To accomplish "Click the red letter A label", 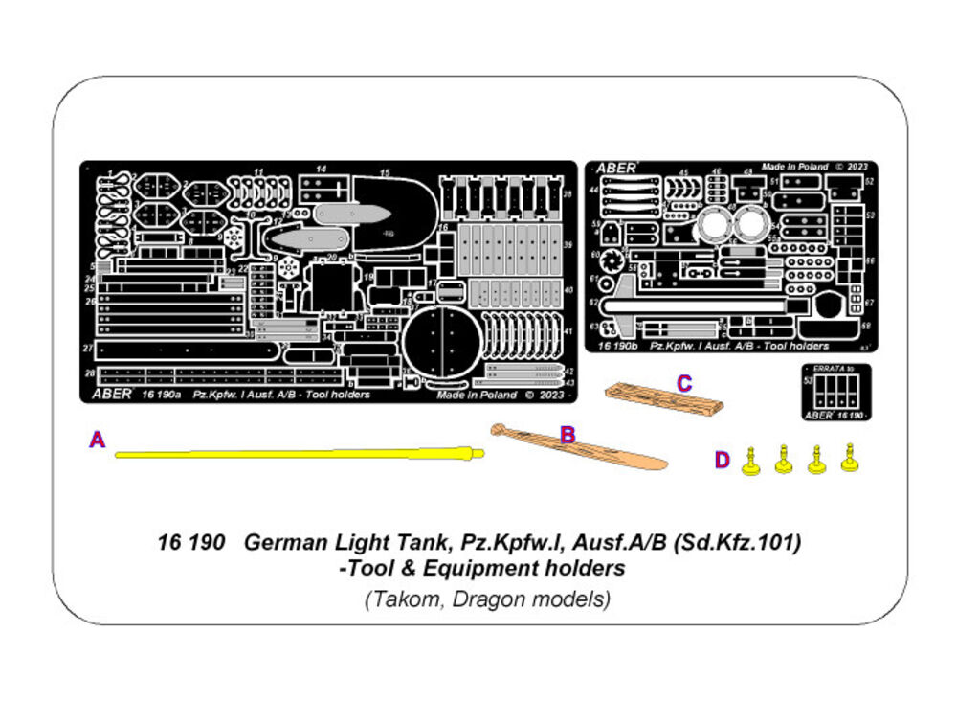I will (x=97, y=440).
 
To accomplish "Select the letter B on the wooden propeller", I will (x=568, y=435).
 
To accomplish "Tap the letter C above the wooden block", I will (x=683, y=383).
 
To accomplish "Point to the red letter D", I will (x=722, y=461).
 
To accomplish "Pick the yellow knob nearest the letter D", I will (x=751, y=464).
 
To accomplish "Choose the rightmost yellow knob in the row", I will (x=849, y=460).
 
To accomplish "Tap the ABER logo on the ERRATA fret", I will (x=818, y=415).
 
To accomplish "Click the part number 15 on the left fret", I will (x=385, y=172).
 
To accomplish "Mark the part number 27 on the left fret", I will (x=88, y=348).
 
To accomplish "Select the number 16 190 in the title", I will (x=190, y=544).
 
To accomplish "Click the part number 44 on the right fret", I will (x=593, y=191).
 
